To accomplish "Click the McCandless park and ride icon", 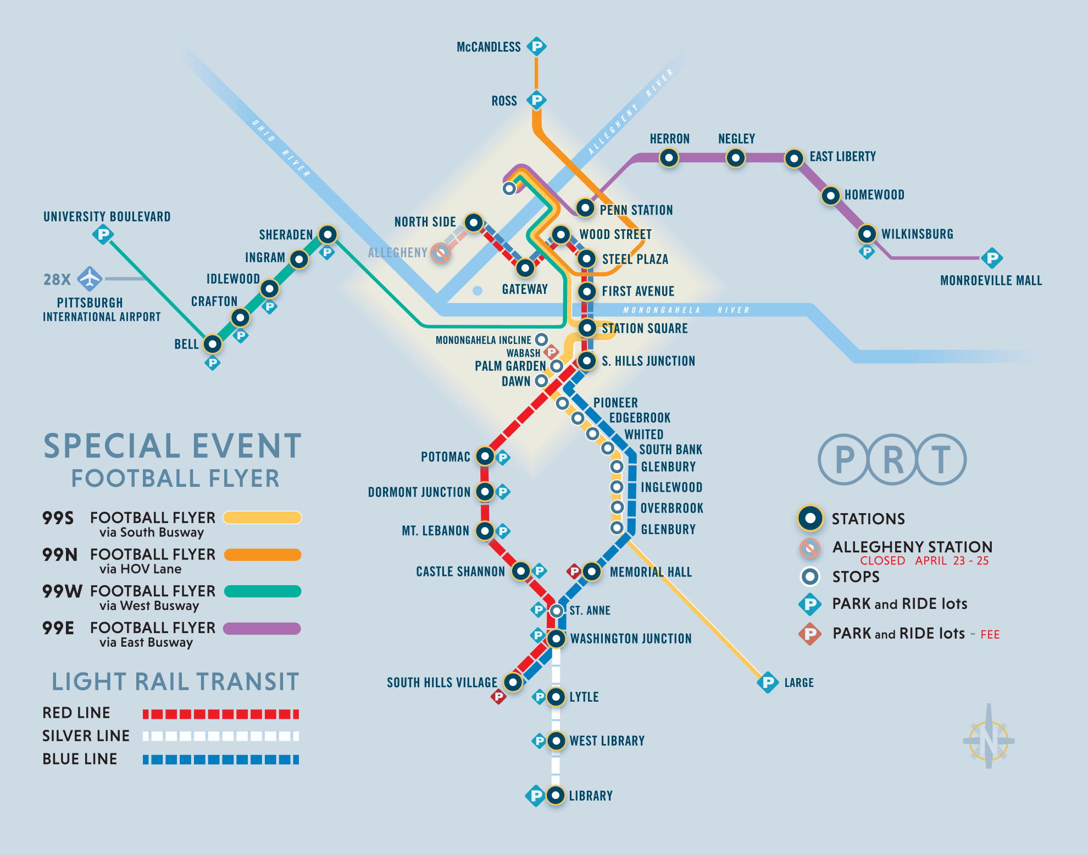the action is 537,46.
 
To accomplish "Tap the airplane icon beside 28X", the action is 90,279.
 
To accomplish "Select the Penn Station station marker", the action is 585,208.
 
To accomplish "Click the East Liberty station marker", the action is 794,159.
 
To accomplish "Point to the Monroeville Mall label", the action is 991,281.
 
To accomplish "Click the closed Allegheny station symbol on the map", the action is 440,253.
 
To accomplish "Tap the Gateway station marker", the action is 525,268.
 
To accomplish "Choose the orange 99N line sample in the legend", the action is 263,554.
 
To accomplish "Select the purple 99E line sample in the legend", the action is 262,628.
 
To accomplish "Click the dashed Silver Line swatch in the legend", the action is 221,736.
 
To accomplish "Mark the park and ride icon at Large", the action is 768,682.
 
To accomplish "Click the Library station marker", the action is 556,795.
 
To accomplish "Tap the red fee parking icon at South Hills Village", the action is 498,697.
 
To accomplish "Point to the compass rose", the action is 989,736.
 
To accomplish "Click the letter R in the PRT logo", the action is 893,459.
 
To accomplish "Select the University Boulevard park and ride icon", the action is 103,235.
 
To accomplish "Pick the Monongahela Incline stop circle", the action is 541,339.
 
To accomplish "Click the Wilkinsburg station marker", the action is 867,234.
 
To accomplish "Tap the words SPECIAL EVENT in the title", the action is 173,446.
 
